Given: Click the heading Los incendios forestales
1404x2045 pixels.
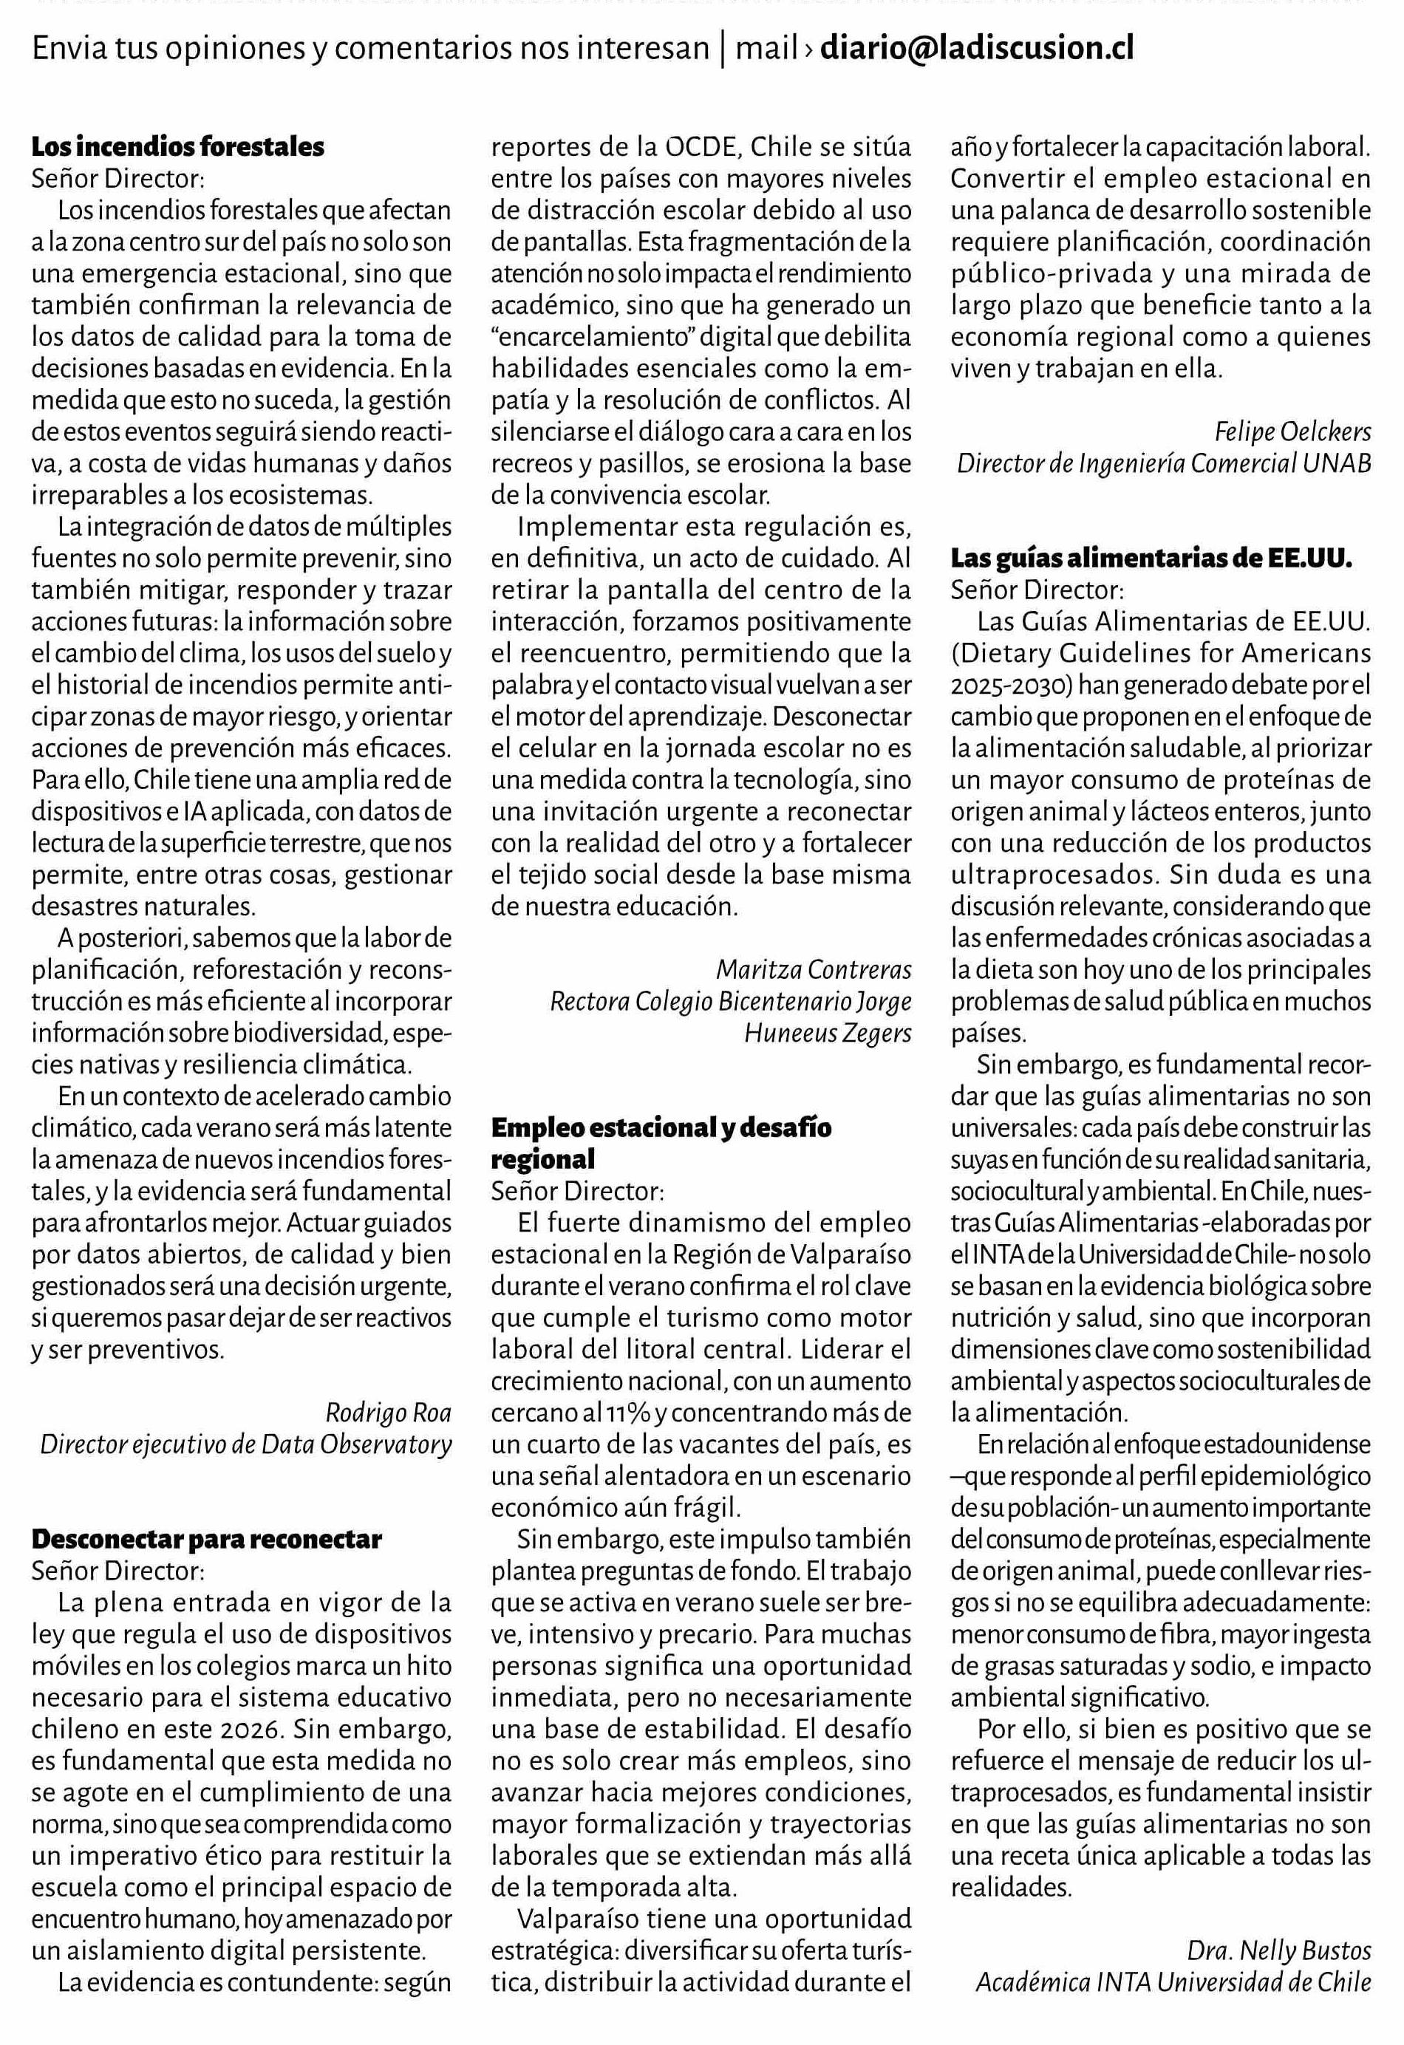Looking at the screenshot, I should [x=178, y=146].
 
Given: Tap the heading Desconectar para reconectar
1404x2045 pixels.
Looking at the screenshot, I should [x=207, y=1539].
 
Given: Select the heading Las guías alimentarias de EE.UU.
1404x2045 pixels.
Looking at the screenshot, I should [x=1151, y=558].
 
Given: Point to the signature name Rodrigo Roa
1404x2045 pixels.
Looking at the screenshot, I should [x=388, y=1413].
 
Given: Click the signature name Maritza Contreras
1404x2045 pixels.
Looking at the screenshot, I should [x=814, y=970].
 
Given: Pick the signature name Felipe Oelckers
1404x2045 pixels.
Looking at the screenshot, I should [x=1292, y=432].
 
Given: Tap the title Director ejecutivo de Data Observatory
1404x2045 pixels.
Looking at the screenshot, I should [x=245, y=1445].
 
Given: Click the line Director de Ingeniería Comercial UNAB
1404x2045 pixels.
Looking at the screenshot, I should [x=1164, y=464].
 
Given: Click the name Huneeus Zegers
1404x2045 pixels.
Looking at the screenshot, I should [x=828, y=1033].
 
